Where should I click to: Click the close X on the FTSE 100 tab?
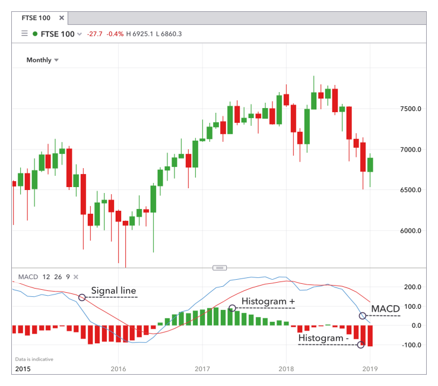pos(61,18)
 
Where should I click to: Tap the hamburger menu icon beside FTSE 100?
pos(24,34)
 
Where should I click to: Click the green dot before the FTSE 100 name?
pos(35,34)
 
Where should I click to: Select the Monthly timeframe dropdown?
pos(43,60)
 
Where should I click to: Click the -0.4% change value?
pos(115,34)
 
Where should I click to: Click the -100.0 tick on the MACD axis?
pos(412,345)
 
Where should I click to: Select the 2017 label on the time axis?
pos(202,368)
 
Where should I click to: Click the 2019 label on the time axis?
pos(370,368)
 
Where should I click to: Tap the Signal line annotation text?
pos(113,291)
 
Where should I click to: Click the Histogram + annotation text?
pos(268,302)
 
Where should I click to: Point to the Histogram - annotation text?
pos(320,338)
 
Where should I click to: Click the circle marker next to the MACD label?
pos(363,315)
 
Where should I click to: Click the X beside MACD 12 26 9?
pos(75,277)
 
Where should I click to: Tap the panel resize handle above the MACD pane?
pos(218,268)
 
